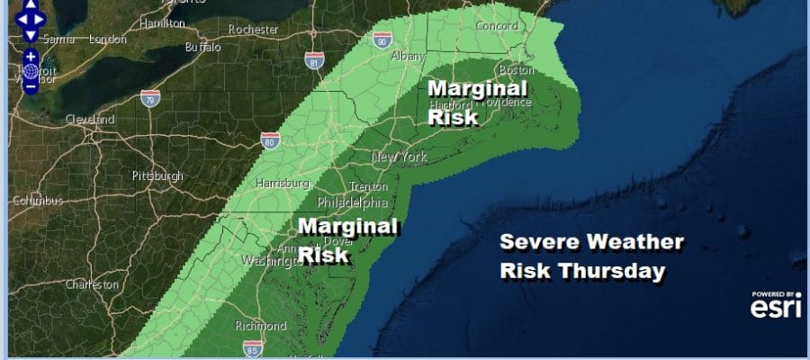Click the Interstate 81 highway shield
[x=310, y=61]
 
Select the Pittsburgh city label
[x=157, y=175]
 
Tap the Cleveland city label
[x=89, y=120]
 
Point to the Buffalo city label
[x=202, y=47]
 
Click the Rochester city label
[x=255, y=29]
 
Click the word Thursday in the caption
[x=622, y=271]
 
